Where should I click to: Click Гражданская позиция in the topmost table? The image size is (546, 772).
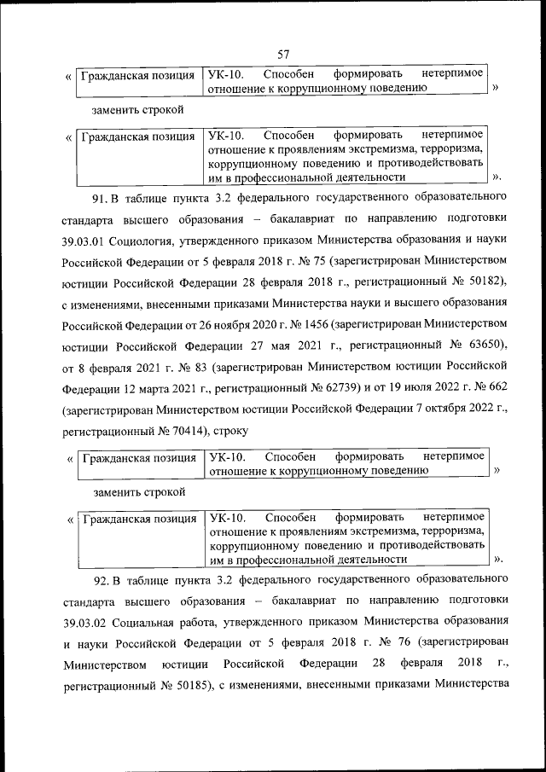[x=137, y=74]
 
